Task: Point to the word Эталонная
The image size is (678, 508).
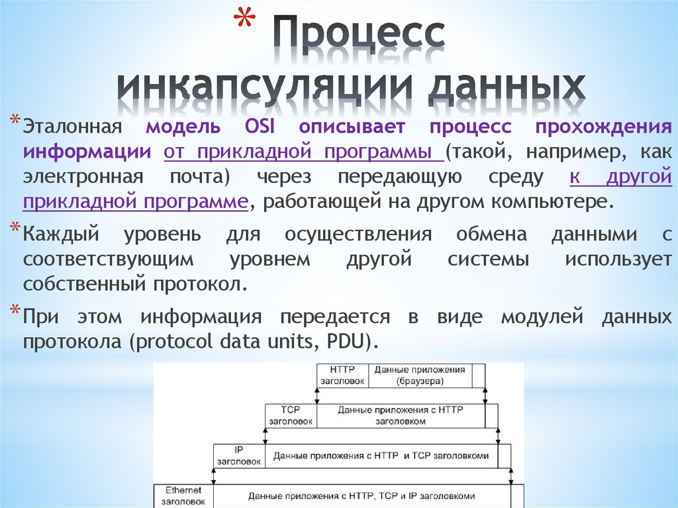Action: tap(73, 127)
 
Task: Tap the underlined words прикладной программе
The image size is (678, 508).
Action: tap(136, 201)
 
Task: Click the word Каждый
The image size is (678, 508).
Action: tap(61, 234)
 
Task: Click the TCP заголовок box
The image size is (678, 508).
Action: tap(291, 415)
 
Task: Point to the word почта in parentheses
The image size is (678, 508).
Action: tap(197, 177)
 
